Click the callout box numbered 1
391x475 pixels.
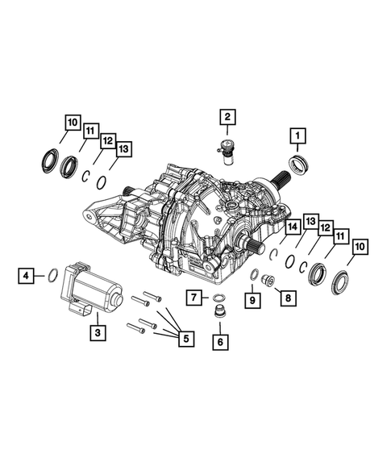[x=298, y=135]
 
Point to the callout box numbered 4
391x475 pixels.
[x=27, y=276]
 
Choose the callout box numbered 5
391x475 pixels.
[x=185, y=339]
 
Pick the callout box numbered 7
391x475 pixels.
[x=194, y=298]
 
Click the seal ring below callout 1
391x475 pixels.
[x=298, y=167]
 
